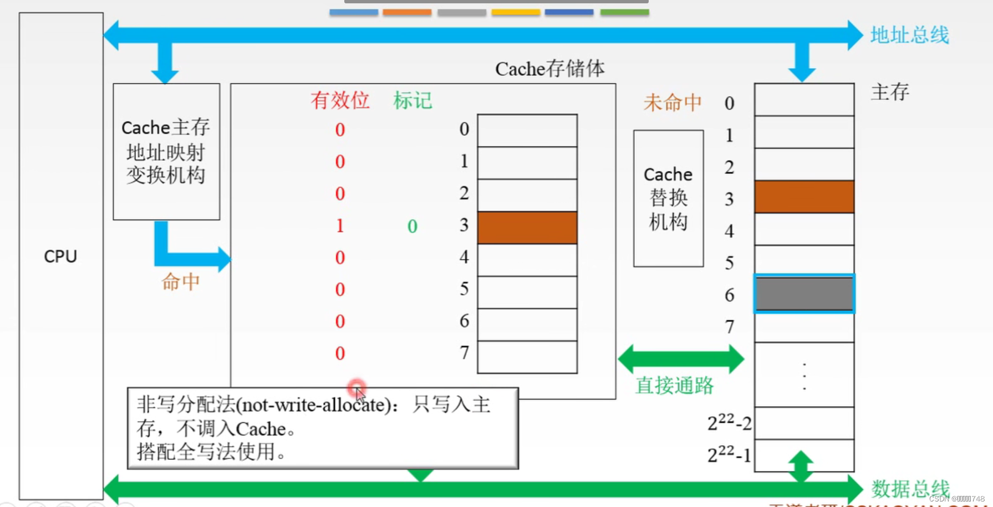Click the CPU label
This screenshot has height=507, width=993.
coord(60,257)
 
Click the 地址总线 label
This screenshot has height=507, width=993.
coord(909,35)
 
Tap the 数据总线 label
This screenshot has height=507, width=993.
coord(910,489)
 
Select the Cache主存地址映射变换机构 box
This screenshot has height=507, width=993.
coord(166,151)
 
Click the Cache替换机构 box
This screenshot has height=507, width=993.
coord(668,198)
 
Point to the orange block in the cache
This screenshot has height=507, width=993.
coord(527,228)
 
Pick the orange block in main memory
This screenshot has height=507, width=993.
coord(804,197)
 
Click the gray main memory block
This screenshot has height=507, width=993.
coord(804,294)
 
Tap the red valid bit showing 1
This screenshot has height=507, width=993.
coord(340,226)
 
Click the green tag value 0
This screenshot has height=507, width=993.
coord(412,226)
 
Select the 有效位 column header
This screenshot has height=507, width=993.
coord(340,100)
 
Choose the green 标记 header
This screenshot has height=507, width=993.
coord(413,100)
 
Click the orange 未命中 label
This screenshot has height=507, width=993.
coord(673,103)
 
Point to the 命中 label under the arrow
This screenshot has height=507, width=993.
coord(180,282)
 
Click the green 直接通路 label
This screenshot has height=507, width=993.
coord(674,385)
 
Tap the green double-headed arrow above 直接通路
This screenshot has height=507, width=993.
coord(681,359)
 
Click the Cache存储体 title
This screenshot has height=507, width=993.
coord(549,69)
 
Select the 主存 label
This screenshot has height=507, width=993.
coord(890,91)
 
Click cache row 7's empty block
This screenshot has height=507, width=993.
coord(527,357)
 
